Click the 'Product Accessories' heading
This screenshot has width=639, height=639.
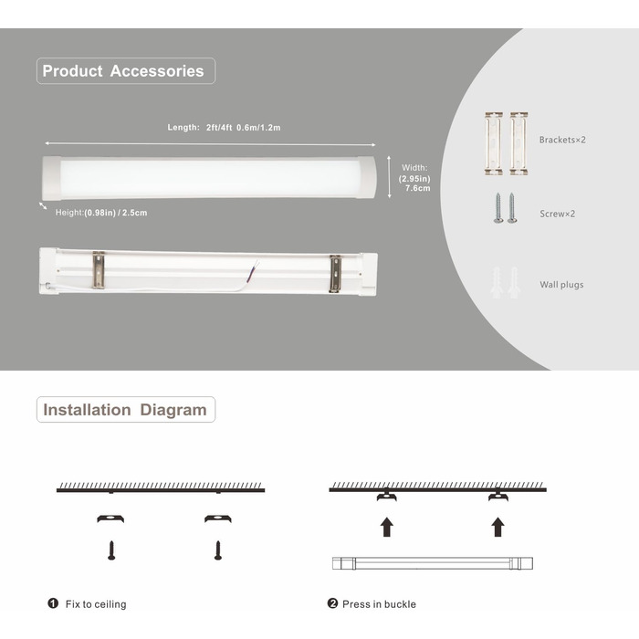(x=123, y=71)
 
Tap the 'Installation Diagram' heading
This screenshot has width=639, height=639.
(x=125, y=410)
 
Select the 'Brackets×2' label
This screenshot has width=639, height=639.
(x=562, y=140)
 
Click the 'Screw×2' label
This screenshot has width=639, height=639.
(x=557, y=214)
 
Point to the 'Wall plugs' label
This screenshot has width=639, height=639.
(x=561, y=285)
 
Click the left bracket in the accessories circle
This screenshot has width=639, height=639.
(x=494, y=143)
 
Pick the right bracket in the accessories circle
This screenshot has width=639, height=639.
(x=519, y=143)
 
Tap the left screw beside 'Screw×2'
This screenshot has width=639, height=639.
(x=498, y=208)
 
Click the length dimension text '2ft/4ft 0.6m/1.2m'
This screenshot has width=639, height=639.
(x=244, y=128)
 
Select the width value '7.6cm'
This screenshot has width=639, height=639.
(x=418, y=188)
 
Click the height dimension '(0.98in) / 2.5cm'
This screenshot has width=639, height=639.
(x=116, y=213)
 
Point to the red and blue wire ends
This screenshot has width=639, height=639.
(x=257, y=266)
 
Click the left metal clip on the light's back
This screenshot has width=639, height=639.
(x=99, y=270)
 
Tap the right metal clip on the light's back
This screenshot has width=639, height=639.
(x=335, y=274)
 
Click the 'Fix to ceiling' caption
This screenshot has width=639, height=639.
(x=96, y=604)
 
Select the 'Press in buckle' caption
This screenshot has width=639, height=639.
(x=379, y=604)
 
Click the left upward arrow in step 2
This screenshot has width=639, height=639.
(x=387, y=527)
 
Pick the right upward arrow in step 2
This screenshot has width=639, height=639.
(x=498, y=527)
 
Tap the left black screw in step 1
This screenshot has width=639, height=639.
(x=111, y=550)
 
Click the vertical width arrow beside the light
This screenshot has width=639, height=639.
(x=389, y=177)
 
